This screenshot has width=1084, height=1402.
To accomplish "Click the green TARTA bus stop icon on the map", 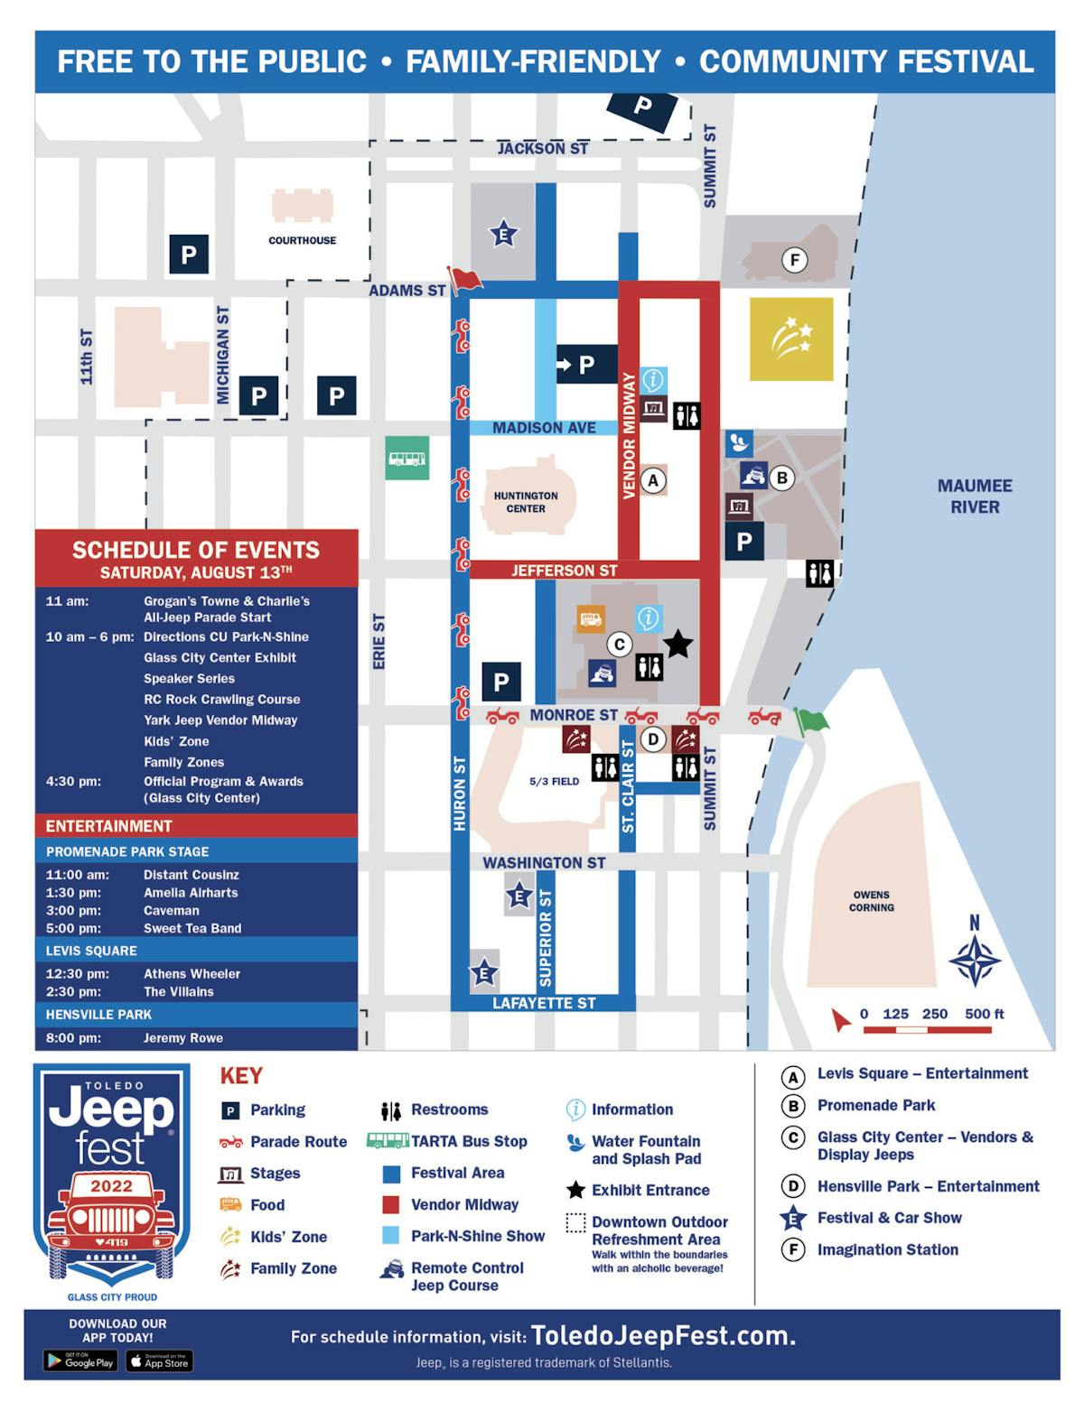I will click(406, 458).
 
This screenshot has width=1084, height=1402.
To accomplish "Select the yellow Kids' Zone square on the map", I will click(791, 339).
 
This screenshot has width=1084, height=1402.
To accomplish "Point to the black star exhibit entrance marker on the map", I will click(677, 644).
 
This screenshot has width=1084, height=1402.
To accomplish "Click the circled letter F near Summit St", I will click(795, 260).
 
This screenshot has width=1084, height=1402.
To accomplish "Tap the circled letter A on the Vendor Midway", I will click(653, 480).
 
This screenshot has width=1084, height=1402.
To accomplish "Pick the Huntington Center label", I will click(526, 502).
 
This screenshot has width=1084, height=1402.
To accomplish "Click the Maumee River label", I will click(975, 496).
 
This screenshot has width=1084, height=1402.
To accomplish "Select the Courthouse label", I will click(302, 240).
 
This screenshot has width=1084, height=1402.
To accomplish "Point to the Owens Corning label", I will click(871, 901).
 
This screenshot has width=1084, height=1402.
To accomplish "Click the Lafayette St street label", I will click(544, 1003).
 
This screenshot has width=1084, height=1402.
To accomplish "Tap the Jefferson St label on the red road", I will click(564, 571).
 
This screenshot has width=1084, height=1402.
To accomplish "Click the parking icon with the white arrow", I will click(585, 365).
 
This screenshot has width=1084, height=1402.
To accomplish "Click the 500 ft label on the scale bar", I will click(984, 1014).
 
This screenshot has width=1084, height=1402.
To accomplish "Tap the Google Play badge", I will click(80, 1360).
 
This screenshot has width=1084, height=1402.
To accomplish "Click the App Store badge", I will click(159, 1360).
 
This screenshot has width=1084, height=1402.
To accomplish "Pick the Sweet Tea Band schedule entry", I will click(192, 928).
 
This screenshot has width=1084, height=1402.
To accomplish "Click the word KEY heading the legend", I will click(241, 1075).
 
